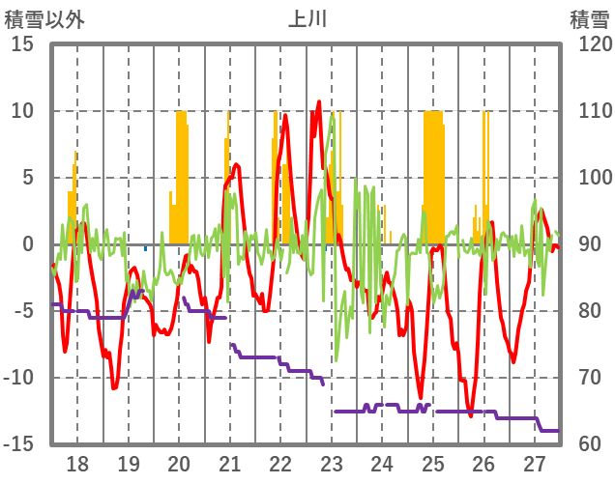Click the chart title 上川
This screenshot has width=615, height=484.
tap(307, 19)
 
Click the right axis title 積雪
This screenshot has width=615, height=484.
tap(588, 19)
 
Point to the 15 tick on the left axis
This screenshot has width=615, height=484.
tap(22, 44)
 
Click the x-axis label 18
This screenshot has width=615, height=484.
tap(77, 464)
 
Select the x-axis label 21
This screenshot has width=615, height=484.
tap(230, 464)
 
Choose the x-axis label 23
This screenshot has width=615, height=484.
tap(332, 464)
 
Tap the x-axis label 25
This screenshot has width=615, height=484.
tap(433, 464)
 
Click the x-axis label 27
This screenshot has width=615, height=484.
tap(535, 464)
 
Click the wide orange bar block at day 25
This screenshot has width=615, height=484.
tap(433, 174)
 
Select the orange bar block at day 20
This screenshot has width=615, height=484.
tap(181, 174)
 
